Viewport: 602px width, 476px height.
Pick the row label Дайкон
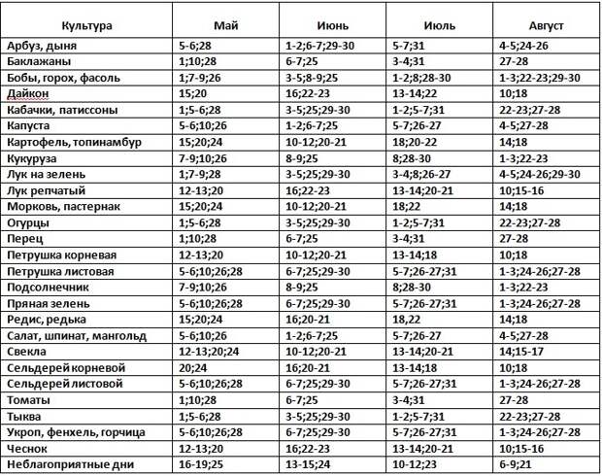click(x=28, y=94)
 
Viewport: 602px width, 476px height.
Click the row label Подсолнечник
click(x=48, y=287)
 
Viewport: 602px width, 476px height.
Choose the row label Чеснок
click(x=27, y=448)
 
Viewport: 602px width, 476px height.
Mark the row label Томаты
click(x=30, y=399)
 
